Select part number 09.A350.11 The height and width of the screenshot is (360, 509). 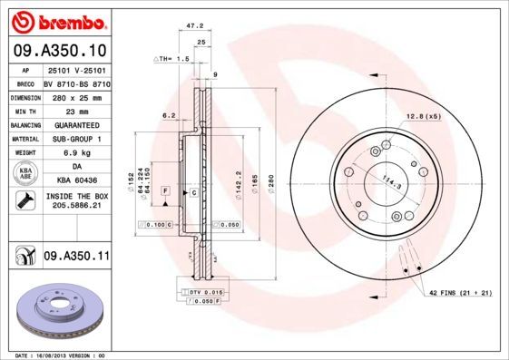pos(76,258)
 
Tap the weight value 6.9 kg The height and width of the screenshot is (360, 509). pos(76,154)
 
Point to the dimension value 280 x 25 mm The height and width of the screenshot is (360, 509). pos(76,96)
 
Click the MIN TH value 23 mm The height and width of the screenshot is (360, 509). pos(76,111)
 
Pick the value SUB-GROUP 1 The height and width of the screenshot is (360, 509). pos(76,140)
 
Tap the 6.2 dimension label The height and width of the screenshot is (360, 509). pos(168,115)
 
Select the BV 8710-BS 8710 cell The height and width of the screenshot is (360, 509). pos(76,83)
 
